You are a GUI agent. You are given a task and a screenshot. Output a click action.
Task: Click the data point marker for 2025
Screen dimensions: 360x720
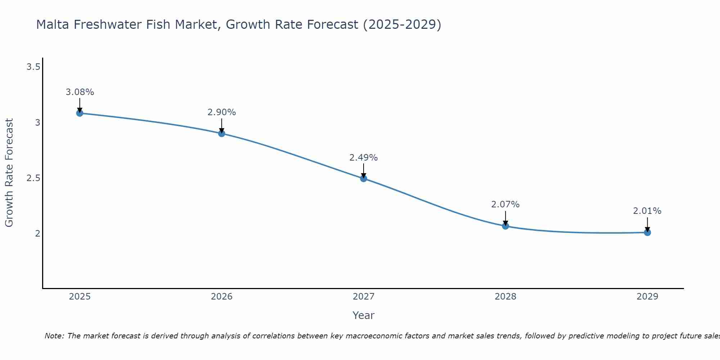click(x=80, y=113)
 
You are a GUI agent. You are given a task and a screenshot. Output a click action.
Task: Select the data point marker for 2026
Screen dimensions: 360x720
click(x=222, y=134)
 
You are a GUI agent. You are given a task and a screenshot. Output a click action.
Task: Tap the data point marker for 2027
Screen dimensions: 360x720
click(x=364, y=178)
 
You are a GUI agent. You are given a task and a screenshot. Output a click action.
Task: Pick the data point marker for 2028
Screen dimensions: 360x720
click(x=505, y=226)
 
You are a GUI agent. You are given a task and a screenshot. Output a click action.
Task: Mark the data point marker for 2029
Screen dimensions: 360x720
click(x=647, y=233)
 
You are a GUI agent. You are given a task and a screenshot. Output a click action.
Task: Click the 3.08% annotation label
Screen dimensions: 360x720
click(x=80, y=92)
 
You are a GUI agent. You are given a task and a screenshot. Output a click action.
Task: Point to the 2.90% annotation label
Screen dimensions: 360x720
click(x=222, y=112)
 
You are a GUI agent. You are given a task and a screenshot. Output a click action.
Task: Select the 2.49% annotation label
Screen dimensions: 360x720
click(x=364, y=158)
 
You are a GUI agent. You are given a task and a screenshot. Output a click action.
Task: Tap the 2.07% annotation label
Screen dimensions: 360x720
click(x=505, y=204)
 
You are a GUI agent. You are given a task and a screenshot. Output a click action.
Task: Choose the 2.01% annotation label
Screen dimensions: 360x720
click(x=647, y=211)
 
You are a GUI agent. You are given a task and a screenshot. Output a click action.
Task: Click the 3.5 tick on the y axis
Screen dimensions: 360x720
click(x=33, y=67)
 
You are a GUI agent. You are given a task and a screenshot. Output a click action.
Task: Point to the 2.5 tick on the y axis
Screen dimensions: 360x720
click(x=33, y=178)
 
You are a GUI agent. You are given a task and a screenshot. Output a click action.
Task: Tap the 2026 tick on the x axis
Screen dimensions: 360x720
click(x=222, y=297)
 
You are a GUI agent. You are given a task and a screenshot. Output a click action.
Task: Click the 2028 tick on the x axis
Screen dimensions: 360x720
click(x=505, y=297)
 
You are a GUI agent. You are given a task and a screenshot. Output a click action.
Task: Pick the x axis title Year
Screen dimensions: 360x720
click(x=364, y=315)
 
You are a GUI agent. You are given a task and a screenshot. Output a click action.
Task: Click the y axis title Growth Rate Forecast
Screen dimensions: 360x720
click(x=9, y=173)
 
